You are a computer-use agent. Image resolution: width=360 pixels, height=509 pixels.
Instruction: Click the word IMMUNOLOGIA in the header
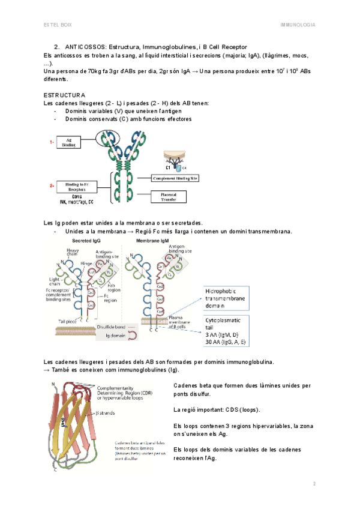tap(298, 25)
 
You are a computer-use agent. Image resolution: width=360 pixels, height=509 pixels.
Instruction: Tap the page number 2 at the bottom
tap(313, 483)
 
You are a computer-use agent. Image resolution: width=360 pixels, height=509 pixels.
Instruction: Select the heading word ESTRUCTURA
tap(65, 95)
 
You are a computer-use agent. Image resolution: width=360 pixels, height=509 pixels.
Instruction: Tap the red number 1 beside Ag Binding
tap(52, 142)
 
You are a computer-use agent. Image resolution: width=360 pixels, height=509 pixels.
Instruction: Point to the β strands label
tap(106, 413)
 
